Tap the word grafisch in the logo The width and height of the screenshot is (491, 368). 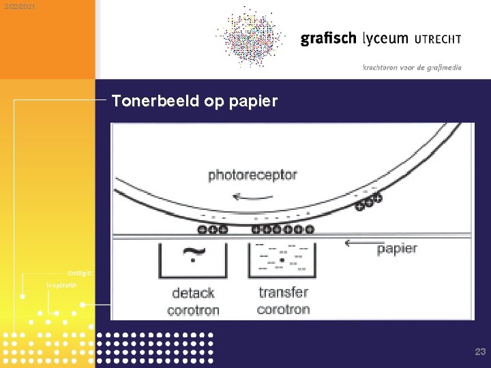click(x=328, y=39)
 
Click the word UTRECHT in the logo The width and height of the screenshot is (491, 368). click(x=438, y=40)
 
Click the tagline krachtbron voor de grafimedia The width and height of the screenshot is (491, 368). click(x=412, y=67)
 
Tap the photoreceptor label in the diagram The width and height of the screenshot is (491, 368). click(x=252, y=175)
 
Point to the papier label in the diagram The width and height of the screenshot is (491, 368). click(x=397, y=249)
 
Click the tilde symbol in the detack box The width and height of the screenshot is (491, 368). click(x=194, y=255)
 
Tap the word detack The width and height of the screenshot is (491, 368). click(x=193, y=293)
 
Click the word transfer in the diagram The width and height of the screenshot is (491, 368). click(x=283, y=292)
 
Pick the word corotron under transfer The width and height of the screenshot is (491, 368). click(x=283, y=309)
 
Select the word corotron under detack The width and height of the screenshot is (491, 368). click(x=193, y=310)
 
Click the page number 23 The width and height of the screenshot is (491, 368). click(x=480, y=352)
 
